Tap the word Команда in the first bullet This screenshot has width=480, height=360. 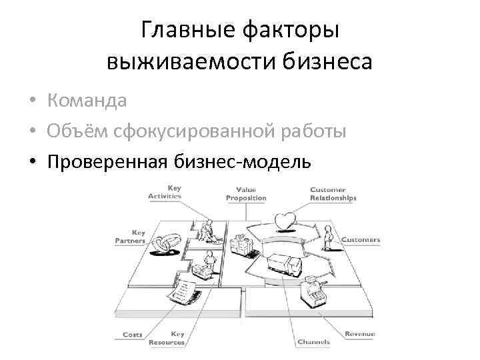[87, 101]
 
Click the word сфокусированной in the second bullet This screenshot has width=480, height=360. [200, 131]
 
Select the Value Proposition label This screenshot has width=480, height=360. [245, 194]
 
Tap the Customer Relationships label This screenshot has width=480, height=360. [333, 194]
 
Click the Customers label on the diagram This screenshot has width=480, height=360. [361, 239]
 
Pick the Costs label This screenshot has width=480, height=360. [132, 335]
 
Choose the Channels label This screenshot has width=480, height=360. [313, 342]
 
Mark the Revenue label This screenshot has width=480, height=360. [360, 334]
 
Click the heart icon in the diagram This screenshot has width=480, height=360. [285, 220]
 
